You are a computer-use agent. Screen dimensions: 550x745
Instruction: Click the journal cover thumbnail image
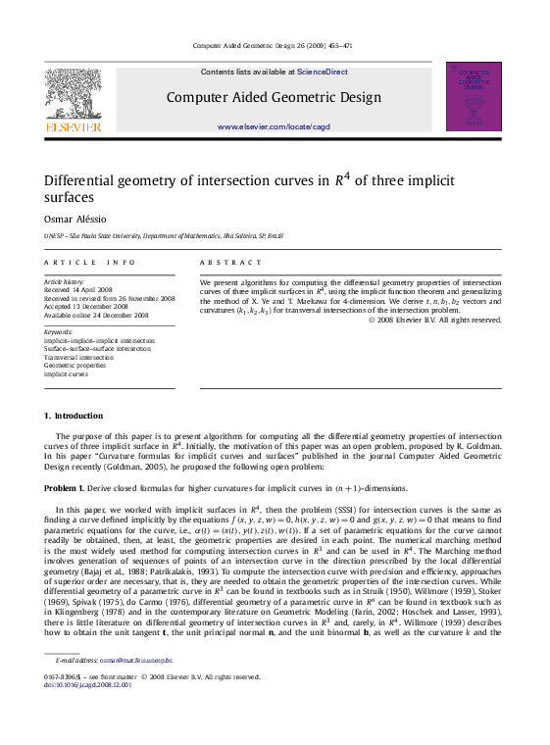474,96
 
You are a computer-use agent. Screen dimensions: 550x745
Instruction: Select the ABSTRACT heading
231,263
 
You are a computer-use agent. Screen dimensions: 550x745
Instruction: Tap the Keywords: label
59,332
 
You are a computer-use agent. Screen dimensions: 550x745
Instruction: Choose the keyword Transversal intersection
78,357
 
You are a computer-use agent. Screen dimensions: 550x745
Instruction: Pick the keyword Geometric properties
75,365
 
